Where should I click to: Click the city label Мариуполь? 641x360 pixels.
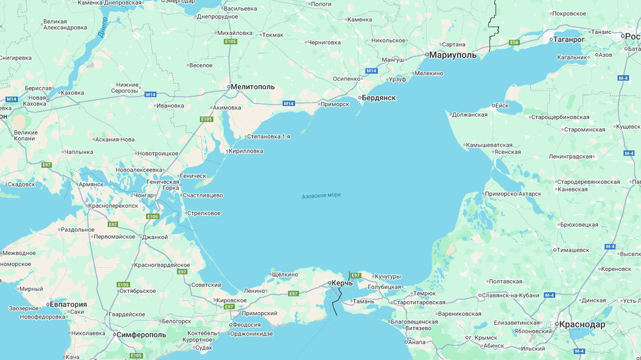[453, 55]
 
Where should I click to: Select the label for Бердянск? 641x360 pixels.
[378, 98]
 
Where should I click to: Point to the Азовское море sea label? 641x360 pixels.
[321, 195]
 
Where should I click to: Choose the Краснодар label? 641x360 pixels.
[581, 324]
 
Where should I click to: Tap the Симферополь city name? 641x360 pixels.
[141, 334]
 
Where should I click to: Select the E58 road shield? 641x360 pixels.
[514, 42]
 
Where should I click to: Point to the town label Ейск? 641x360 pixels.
[501, 106]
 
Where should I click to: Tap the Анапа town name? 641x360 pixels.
[417, 341]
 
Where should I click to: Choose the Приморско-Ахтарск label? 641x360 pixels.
[513, 193]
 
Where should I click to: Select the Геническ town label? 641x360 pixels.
[193, 176]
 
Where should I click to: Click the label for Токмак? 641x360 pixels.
[272, 35]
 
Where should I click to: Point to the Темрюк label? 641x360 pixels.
[424, 293]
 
